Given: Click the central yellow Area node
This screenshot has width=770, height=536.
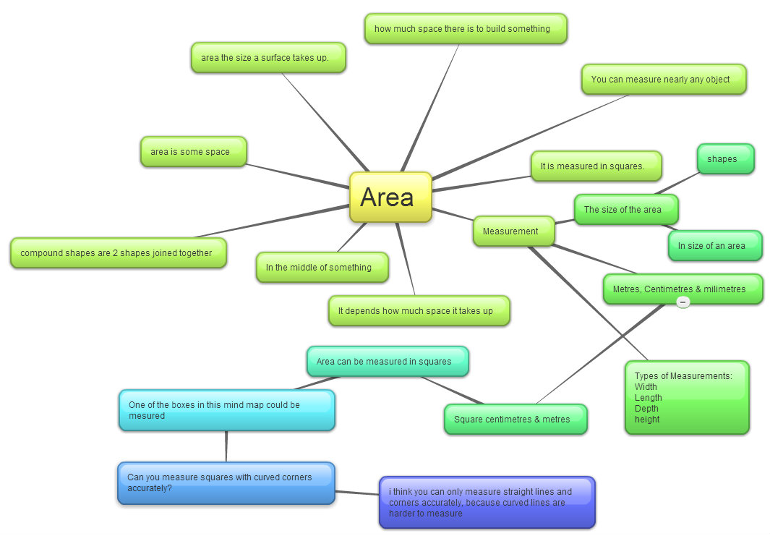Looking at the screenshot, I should [390, 197].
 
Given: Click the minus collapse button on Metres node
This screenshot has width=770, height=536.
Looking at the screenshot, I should [683, 302].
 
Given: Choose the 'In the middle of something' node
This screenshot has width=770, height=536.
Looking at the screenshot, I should [322, 268].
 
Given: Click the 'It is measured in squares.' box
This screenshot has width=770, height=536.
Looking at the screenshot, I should [596, 166].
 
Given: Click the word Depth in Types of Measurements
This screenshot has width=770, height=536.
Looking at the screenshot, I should [646, 409].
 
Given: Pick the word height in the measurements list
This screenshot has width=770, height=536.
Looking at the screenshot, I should [647, 420].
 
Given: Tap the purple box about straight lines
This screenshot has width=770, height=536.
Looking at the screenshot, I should [487, 502].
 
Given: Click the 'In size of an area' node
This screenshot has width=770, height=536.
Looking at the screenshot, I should [714, 246].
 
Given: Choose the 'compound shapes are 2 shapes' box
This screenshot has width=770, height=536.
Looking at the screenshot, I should [118, 253].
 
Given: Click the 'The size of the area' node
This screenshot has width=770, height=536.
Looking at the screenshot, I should [625, 210].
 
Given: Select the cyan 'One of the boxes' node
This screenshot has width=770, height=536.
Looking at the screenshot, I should [226, 410].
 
